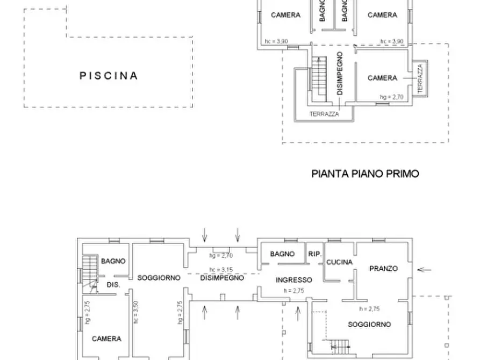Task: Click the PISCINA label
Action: [109, 76]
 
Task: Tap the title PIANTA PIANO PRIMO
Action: [365, 174]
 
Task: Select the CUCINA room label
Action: [339, 262]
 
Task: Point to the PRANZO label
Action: [383, 268]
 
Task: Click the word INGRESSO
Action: [293, 280]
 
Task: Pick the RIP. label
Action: [314, 254]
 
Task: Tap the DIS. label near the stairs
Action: [112, 284]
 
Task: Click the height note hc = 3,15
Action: [221, 270]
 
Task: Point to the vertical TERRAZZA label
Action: [420, 77]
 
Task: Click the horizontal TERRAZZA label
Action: [324, 114]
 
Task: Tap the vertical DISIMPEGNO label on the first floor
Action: [340, 74]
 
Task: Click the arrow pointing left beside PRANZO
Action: [424, 269]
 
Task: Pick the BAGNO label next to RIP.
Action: [282, 254]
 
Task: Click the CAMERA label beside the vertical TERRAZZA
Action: [382, 78]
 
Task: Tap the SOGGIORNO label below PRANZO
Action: [369, 324]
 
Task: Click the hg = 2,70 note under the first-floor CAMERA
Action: [391, 96]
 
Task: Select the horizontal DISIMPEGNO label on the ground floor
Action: [222, 278]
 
